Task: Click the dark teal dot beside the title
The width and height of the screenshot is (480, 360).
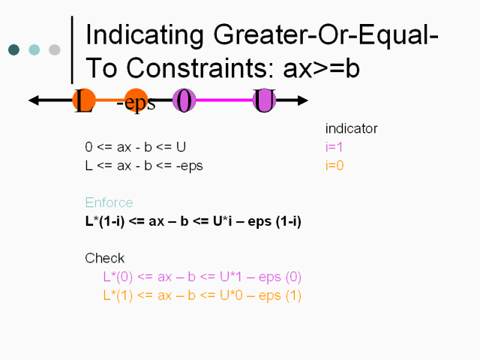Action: (13, 50)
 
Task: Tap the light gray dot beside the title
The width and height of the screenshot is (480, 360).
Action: (55, 50)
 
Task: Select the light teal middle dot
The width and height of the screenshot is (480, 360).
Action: (34, 50)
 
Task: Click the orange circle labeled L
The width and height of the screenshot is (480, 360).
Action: (84, 100)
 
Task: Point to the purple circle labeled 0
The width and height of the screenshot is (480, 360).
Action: (184, 100)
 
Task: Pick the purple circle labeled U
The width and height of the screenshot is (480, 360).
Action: (265, 100)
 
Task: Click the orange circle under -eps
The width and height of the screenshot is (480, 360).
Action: (136, 100)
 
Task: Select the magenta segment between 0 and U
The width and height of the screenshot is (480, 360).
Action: (224, 100)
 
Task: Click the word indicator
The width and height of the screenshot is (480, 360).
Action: (352, 128)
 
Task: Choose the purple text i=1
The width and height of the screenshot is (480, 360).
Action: (334, 147)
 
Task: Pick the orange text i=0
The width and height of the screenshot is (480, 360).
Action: (334, 166)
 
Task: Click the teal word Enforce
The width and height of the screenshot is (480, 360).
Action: (109, 202)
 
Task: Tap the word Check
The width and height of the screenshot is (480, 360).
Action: (105, 258)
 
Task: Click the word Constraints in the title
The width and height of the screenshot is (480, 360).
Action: (200, 68)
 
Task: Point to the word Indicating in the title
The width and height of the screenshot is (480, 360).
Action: (145, 36)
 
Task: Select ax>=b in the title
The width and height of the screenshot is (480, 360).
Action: (322, 69)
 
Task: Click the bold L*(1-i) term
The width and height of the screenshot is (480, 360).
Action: (105, 221)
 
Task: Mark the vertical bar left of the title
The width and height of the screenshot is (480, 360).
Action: (72, 49)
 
